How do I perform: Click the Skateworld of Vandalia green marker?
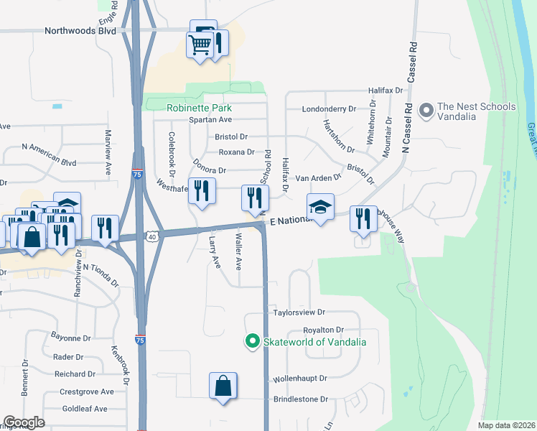(252, 341)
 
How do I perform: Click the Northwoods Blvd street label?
(80, 31)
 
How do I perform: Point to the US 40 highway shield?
(151, 235)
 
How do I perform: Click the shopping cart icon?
(200, 45)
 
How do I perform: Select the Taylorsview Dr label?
(299, 312)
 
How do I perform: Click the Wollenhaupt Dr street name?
(300, 378)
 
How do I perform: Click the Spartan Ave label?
(210, 119)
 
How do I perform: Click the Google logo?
(24, 422)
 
